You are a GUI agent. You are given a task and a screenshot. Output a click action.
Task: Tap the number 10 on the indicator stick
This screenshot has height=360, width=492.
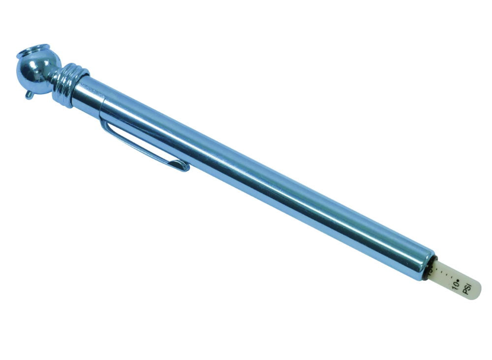click(456, 285)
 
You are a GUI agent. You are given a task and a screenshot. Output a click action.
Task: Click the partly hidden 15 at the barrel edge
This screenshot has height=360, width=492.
click(429, 268)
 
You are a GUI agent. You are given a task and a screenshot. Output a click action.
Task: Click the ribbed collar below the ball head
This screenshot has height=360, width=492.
click(69, 83)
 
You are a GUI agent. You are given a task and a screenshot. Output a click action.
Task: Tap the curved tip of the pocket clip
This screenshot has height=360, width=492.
click(184, 167)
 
